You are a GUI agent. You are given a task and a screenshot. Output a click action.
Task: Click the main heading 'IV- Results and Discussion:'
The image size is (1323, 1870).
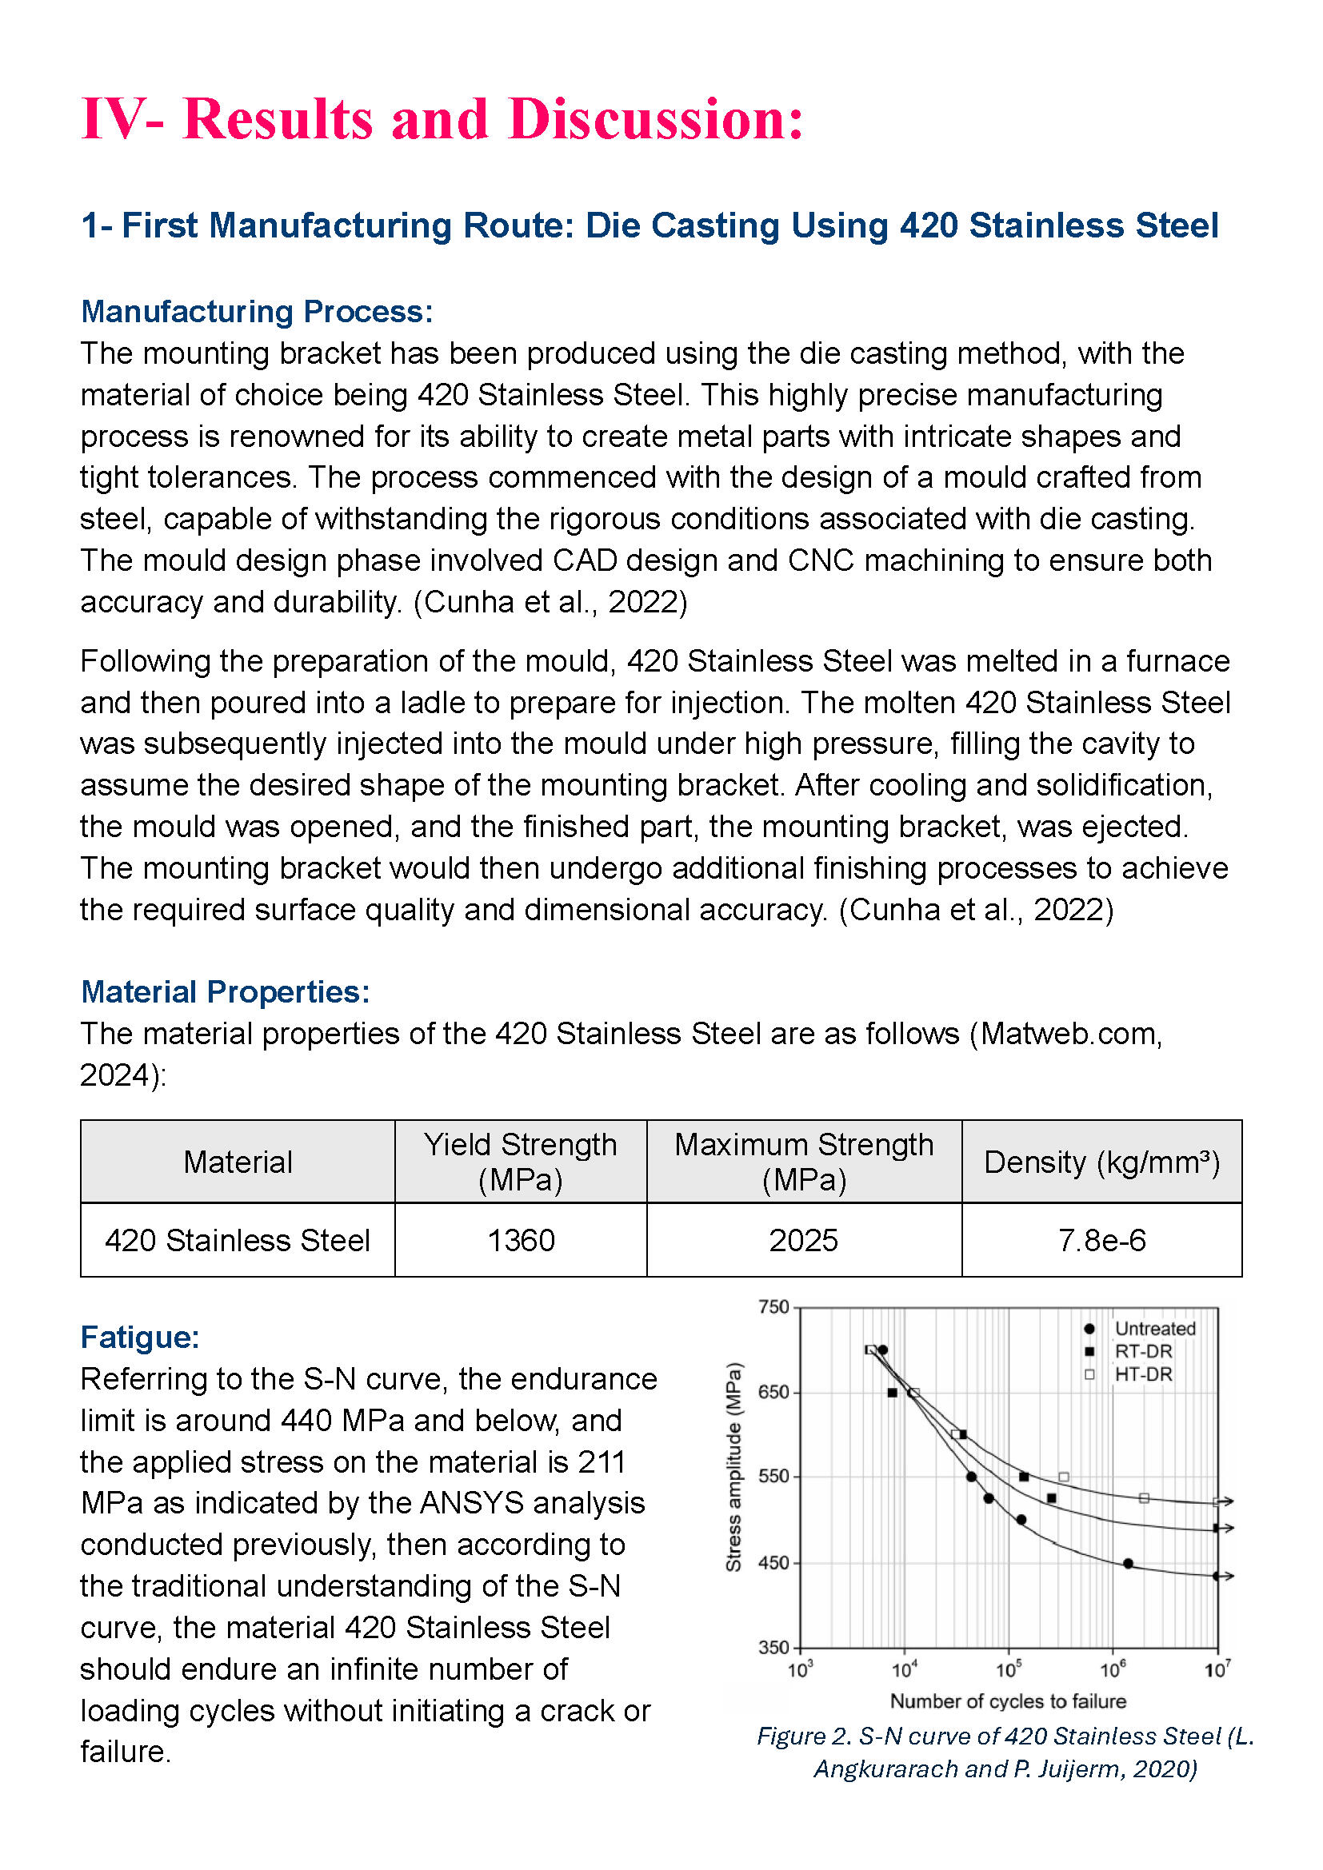point(442,120)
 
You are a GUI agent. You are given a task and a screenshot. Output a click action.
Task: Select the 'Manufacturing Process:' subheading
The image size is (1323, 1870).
point(257,312)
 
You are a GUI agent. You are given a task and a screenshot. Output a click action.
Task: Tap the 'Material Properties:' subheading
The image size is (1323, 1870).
point(226,992)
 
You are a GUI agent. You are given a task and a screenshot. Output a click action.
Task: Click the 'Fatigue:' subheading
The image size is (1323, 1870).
point(140,1338)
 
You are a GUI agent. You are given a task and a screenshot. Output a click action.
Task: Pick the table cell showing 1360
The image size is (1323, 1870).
point(521,1241)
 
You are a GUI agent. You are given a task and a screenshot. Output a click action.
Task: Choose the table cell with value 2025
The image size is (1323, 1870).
point(803,1241)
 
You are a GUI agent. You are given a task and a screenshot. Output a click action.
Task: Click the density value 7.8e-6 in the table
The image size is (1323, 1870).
point(1101,1241)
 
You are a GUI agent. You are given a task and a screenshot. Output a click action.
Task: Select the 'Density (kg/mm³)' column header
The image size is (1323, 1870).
point(1101,1162)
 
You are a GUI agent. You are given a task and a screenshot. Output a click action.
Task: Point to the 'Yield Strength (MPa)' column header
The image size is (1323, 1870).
point(521,1162)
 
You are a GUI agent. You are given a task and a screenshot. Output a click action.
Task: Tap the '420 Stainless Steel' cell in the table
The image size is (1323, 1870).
point(237,1241)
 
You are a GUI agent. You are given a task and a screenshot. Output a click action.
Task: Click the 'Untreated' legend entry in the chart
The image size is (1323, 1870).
point(1154,1329)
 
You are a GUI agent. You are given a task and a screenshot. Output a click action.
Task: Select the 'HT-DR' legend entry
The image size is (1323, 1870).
point(1143,1374)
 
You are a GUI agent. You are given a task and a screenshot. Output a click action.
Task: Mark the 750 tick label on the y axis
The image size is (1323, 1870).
point(773,1307)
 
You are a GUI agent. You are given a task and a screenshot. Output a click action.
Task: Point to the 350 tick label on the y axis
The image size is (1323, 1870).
point(773,1648)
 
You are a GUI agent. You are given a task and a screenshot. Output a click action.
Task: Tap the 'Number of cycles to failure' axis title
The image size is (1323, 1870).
point(1008,1701)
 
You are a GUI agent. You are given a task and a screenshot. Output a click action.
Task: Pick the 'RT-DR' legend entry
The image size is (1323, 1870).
point(1143,1351)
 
